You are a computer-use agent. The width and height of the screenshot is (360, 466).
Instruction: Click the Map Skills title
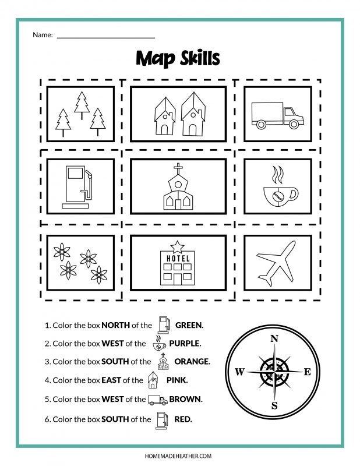[179, 58]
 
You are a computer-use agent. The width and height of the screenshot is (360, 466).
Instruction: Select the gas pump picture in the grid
[77, 186]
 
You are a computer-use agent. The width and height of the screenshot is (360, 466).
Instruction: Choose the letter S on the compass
[274, 405]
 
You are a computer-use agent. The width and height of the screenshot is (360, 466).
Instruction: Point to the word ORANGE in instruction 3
[192, 362]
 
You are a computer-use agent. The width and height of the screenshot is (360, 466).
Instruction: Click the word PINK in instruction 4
[177, 380]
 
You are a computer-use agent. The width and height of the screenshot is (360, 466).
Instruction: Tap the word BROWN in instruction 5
[186, 399]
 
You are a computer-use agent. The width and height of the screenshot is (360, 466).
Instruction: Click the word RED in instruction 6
[183, 418]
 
